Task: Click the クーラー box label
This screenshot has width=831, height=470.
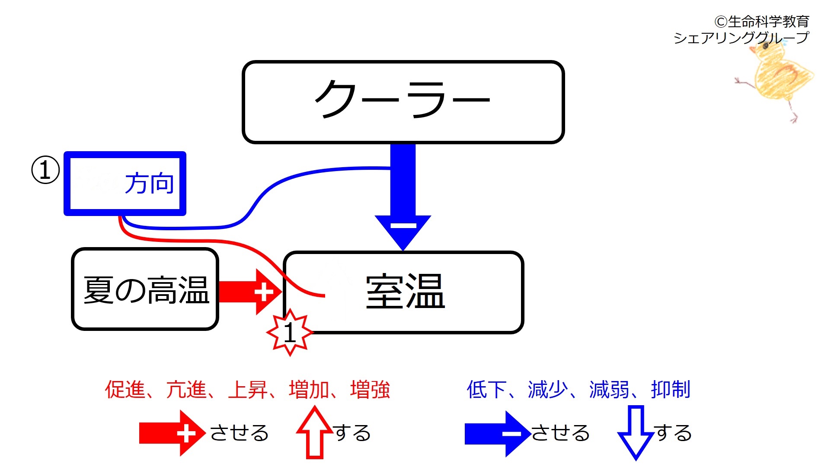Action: click(x=403, y=99)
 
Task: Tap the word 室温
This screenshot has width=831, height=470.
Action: click(x=406, y=292)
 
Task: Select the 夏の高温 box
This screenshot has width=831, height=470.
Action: click(x=145, y=289)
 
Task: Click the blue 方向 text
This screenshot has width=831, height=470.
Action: click(x=150, y=183)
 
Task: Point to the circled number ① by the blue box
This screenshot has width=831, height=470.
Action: click(x=45, y=170)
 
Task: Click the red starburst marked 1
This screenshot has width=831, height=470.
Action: click(x=290, y=332)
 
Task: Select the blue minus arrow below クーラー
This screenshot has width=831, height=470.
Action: click(x=403, y=197)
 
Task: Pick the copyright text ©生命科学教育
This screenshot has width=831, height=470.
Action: click(x=762, y=21)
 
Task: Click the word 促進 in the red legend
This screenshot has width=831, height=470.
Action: click(x=125, y=389)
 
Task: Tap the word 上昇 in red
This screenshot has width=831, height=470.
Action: click(x=248, y=389)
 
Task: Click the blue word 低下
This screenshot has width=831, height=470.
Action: click(x=487, y=389)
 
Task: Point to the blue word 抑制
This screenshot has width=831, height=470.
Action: click(x=671, y=389)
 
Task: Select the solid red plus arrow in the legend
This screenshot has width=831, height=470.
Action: click(x=173, y=433)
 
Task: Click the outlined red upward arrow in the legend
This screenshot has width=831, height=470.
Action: click(x=315, y=432)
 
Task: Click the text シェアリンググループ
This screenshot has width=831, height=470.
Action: click(x=741, y=38)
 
